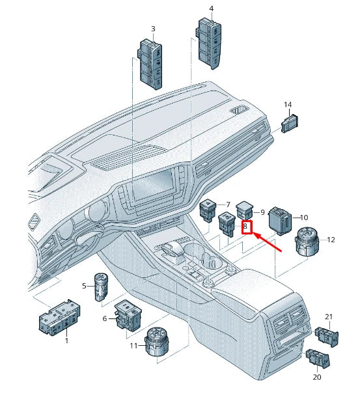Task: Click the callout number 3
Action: (153, 29)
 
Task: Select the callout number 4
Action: (211, 8)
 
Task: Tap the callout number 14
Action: (288, 104)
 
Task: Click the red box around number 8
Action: (246, 227)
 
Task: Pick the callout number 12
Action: (331, 240)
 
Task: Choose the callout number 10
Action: (303, 217)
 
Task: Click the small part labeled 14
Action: (289, 122)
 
